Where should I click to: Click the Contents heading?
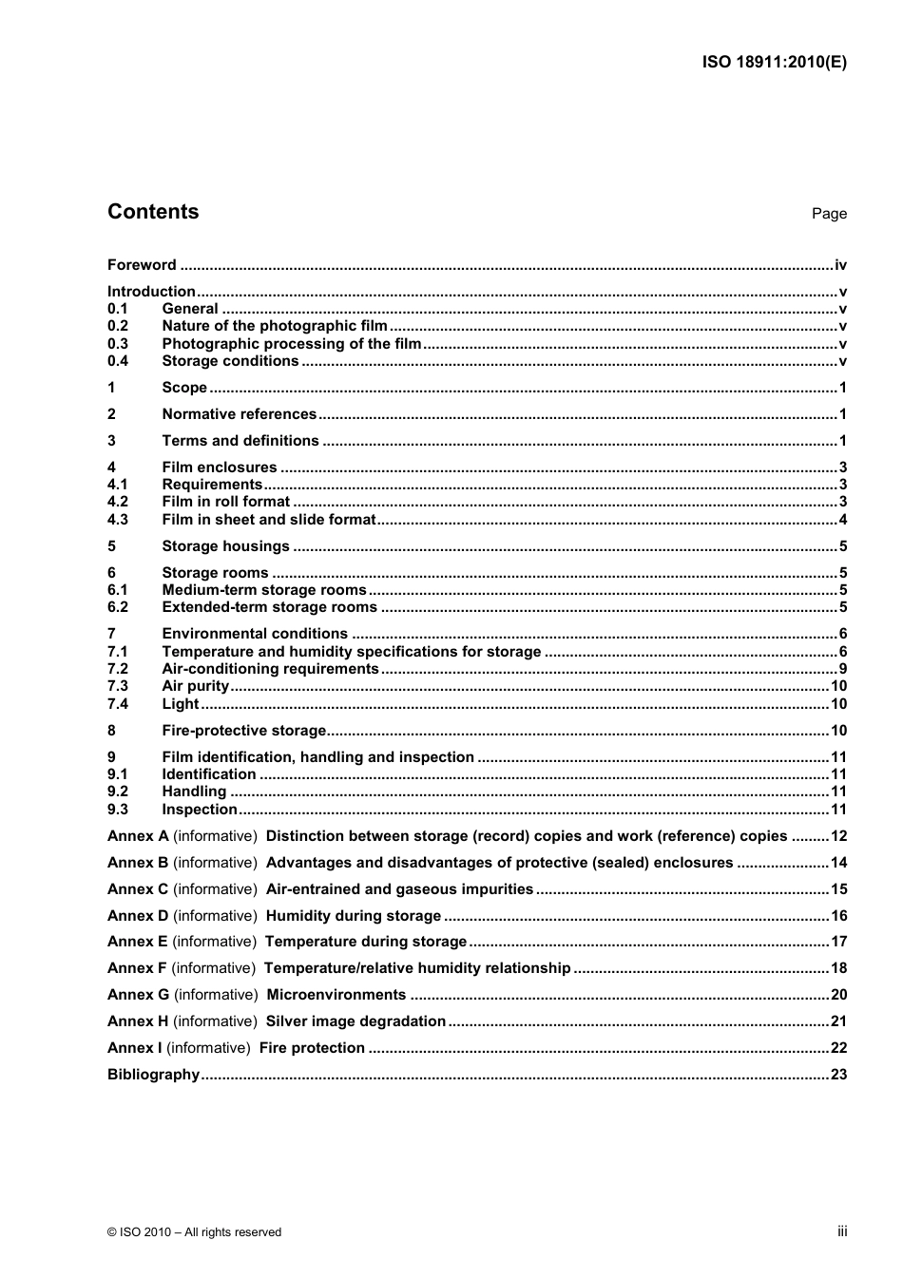[x=153, y=212]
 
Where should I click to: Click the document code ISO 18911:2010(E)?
[x=774, y=63]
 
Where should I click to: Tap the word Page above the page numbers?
[x=829, y=214]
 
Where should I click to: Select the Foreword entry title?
[x=142, y=265]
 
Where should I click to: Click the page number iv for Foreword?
[x=840, y=265]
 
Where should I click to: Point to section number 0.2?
[x=118, y=326]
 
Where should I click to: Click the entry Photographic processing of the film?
[x=291, y=344]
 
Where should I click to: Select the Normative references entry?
[x=239, y=414]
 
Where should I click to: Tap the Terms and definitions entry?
[x=240, y=441]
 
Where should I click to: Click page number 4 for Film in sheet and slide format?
[x=843, y=520]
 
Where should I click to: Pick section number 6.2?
[x=118, y=607]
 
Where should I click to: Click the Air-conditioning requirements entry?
[x=270, y=669]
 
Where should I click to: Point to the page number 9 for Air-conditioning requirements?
[x=843, y=669]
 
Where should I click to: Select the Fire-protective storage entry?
[x=243, y=731]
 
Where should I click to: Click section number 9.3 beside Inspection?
[x=118, y=810]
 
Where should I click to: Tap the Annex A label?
[x=138, y=836]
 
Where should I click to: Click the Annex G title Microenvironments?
[x=336, y=995]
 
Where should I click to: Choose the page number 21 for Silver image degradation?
[x=838, y=1021]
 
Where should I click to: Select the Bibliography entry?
[x=153, y=1075]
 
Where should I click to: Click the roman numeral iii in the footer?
[x=842, y=1231]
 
